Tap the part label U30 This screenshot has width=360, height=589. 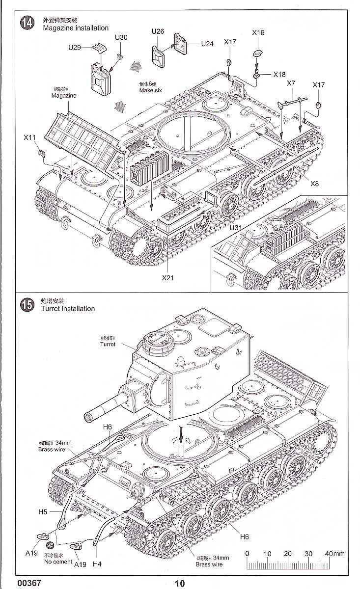[121, 38]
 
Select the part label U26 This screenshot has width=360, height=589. [158, 31]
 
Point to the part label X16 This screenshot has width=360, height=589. [258, 33]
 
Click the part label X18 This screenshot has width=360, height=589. [279, 75]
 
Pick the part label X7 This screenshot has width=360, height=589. [291, 83]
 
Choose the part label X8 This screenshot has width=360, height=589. [315, 184]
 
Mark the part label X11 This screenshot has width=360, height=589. [29, 138]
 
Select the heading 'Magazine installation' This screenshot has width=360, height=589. [76, 28]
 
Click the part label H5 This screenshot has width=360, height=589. [42, 512]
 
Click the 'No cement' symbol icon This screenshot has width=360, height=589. [49, 545]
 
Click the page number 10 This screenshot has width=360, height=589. [180, 583]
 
